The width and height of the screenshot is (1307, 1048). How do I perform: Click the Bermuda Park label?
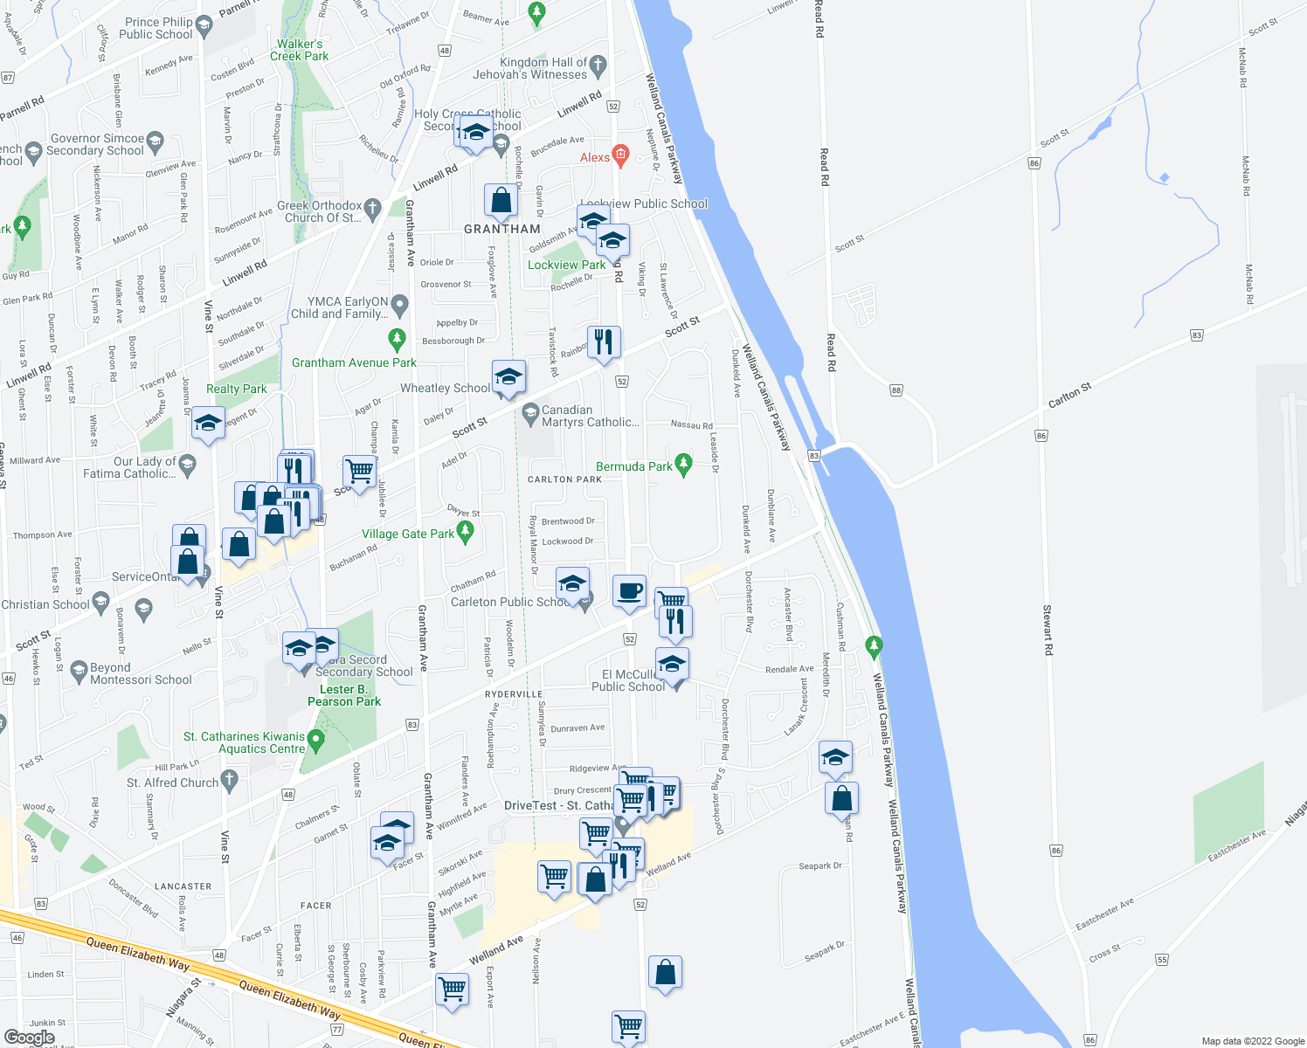634,467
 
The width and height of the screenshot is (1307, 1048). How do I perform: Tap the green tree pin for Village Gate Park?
466,530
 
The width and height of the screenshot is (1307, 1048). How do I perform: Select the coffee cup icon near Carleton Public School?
629,592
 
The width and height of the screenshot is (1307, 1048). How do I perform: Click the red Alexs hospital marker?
620,155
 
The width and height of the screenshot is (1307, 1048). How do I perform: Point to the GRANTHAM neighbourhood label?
502,229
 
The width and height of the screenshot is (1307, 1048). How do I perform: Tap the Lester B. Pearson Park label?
344,695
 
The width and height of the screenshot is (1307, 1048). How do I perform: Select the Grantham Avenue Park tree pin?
398,338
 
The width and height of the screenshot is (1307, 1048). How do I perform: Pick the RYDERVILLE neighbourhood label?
514,694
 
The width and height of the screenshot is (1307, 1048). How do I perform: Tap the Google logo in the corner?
29,1038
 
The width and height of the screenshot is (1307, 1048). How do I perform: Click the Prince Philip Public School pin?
204,24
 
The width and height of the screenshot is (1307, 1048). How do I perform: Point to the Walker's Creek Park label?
300,50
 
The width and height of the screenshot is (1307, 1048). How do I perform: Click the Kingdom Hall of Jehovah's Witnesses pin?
598,64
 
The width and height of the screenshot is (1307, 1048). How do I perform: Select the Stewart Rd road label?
1048,630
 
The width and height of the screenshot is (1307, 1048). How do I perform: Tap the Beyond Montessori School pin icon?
79,670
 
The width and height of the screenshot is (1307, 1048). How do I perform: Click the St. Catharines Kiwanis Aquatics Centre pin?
317,741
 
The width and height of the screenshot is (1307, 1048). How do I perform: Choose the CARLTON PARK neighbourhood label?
564,479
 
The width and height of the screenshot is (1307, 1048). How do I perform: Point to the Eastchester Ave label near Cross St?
1105,914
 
